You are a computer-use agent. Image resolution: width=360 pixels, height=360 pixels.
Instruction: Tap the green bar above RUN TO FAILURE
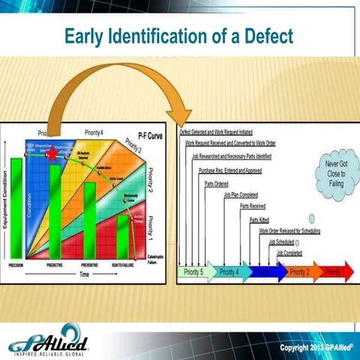click(122, 235)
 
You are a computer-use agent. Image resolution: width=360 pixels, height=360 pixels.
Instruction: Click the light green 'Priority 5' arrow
click(194, 271)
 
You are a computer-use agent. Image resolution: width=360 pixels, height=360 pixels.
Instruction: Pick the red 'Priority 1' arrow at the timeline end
click(336, 271)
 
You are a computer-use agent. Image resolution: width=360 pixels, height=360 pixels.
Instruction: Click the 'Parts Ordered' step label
click(217, 182)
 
